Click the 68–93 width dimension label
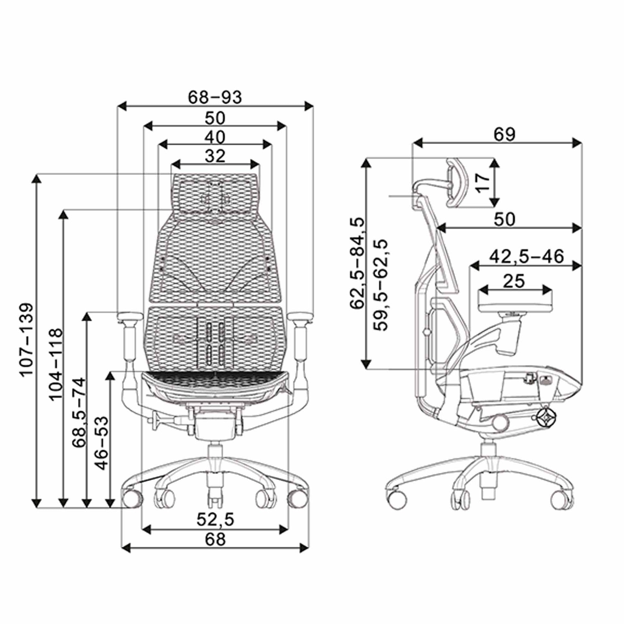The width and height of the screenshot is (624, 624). (x=215, y=97)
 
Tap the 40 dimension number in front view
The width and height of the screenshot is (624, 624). (x=215, y=137)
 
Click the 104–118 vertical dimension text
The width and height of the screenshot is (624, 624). (x=55, y=364)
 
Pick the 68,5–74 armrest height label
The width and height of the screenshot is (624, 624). (x=79, y=412)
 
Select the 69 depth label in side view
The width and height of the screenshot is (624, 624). (x=504, y=135)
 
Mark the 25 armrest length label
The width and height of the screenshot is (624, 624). (x=514, y=281)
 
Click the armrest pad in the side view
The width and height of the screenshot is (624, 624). (x=515, y=303)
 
